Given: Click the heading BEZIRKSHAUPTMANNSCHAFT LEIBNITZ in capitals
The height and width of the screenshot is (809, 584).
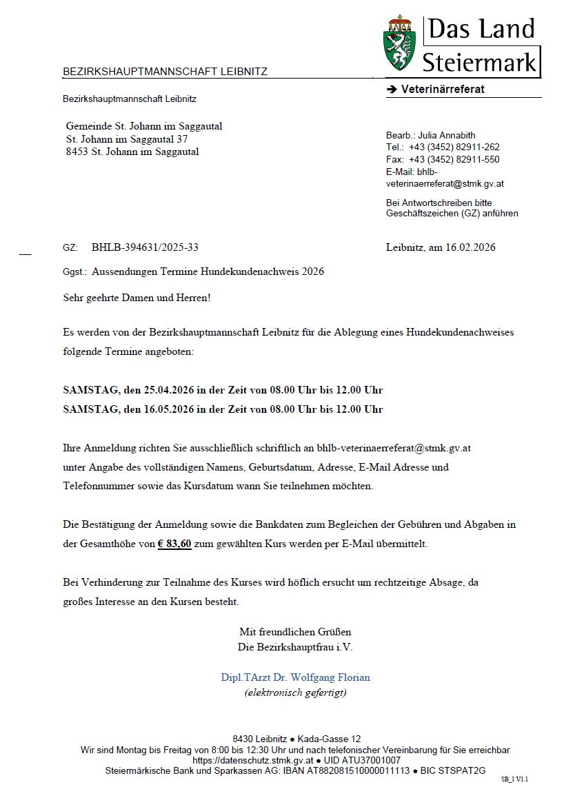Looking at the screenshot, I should pyautogui.click(x=165, y=72).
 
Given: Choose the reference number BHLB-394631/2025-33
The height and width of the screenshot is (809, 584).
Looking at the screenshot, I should pyautogui.click(x=145, y=247).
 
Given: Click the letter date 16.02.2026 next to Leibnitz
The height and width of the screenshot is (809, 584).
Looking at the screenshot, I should pyautogui.click(x=470, y=247).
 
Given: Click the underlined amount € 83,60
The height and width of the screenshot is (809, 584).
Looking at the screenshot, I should pyautogui.click(x=174, y=544).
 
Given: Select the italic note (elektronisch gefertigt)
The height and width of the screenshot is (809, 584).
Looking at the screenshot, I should pyautogui.click(x=295, y=693).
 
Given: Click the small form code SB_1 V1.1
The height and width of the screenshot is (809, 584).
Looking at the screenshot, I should pyautogui.click(x=514, y=779).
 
